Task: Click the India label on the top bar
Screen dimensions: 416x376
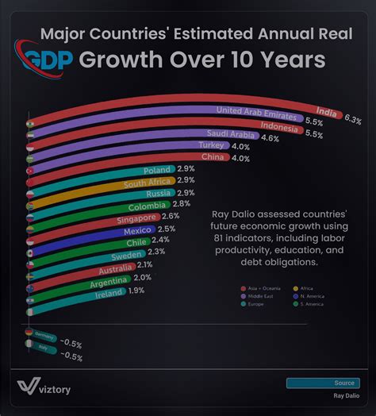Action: [324, 111]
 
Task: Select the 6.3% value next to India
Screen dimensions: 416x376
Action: [353, 120]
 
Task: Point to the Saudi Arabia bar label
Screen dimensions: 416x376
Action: [232, 133]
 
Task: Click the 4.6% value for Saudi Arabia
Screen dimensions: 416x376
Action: [270, 138]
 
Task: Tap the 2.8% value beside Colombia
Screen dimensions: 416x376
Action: [181, 204]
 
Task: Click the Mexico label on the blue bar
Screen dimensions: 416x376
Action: [135, 230]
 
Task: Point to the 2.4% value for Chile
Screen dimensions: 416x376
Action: [160, 240]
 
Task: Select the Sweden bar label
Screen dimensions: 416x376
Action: [127, 255]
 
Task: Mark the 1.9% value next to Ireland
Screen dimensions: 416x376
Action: [136, 291]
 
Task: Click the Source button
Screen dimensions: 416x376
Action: [322, 383]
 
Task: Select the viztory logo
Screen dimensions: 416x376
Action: [47, 387]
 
